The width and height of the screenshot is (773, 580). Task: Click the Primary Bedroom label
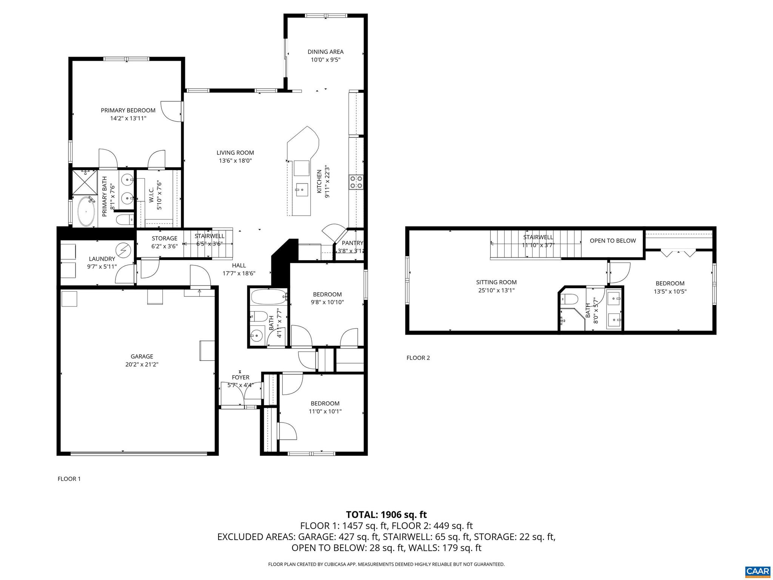tap(128, 110)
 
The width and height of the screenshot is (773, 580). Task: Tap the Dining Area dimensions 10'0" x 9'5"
tap(325, 60)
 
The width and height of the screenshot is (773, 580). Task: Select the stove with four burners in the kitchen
tap(356, 182)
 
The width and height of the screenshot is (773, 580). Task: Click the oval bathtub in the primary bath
tap(86, 212)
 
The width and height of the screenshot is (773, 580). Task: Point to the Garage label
tap(142, 356)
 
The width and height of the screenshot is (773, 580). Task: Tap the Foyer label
tap(240, 377)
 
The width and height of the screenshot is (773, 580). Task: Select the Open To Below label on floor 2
tap(613, 241)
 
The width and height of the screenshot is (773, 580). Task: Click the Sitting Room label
tap(496, 282)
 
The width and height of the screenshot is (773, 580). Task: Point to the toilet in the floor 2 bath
tap(570, 299)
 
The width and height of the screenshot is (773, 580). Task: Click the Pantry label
tap(352, 243)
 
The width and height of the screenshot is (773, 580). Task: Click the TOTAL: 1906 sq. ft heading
tap(386, 514)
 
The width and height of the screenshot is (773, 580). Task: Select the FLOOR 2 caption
tap(418, 358)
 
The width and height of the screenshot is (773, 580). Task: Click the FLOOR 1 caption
tap(69, 479)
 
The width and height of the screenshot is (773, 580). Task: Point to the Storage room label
tap(164, 238)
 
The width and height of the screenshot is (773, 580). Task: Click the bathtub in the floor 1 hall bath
tap(268, 297)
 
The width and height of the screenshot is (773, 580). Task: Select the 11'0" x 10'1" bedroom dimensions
tap(325, 411)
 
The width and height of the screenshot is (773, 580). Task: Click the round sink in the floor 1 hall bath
tap(257, 335)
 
